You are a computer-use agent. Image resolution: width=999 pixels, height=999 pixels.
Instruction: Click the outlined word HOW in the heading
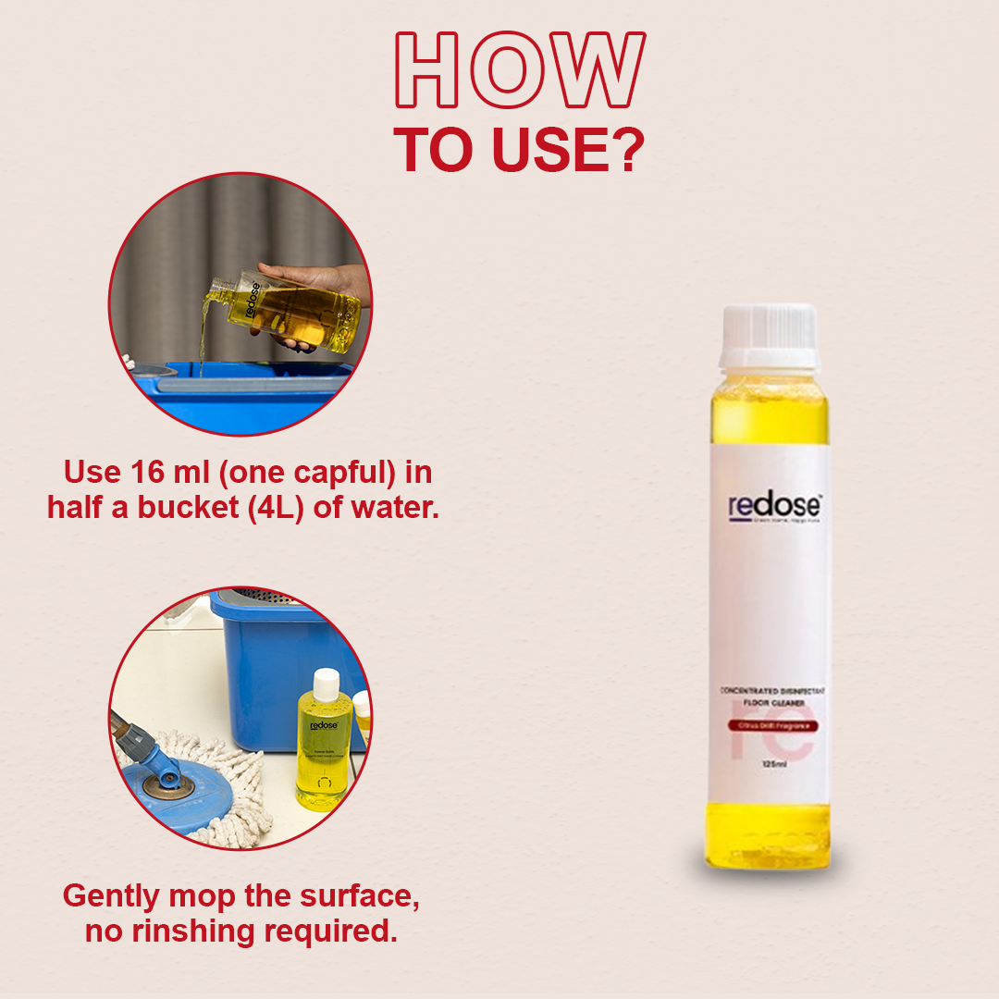click(x=519, y=72)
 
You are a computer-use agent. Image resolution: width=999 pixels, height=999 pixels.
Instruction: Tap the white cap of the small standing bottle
click(x=325, y=684)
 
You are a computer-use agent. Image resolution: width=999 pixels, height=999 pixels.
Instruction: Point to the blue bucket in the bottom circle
click(x=277, y=647)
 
